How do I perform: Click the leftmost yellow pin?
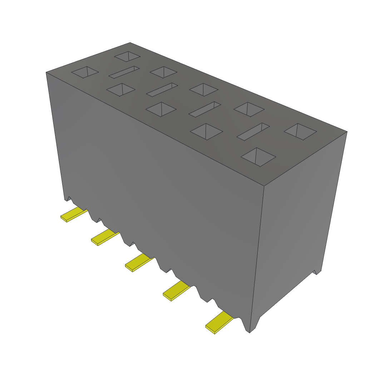[74, 214]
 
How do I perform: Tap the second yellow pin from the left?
[105, 237]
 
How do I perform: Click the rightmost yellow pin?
[219, 323]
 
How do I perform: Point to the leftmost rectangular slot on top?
[124, 72]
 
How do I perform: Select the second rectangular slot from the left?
[162, 90]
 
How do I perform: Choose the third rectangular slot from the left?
[204, 109]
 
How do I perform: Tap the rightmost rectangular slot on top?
[253, 132]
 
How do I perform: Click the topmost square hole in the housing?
[127, 56]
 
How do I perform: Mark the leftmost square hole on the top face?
[85, 72]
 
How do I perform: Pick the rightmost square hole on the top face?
[300, 132]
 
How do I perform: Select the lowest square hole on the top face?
[258, 157]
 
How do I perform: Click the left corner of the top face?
[46, 73]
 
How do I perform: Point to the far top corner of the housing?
[130, 43]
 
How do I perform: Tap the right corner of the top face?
[347, 131]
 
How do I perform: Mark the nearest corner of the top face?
[263, 186]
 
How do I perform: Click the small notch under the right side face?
[315, 272]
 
